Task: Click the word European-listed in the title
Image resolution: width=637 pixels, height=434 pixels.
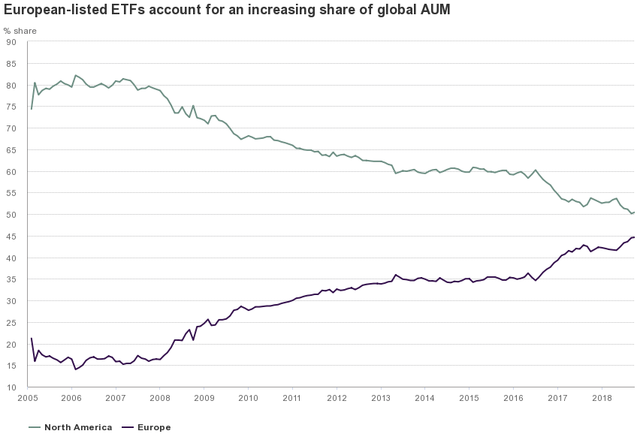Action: pos(49,11)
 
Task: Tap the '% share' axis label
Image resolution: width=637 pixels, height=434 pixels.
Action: pos(20,31)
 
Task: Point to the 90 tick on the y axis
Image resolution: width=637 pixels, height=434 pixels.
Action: pos(11,42)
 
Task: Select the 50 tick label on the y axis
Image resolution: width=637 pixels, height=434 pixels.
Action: pos(11,215)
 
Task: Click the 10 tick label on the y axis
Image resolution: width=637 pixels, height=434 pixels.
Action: pos(11,387)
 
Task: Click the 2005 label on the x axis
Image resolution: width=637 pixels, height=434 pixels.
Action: pos(27,398)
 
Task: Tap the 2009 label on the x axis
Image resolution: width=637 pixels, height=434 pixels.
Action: pos(204,398)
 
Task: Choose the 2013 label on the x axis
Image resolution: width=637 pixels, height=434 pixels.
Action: pos(381,398)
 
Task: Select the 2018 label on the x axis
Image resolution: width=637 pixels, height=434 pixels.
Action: pos(602,398)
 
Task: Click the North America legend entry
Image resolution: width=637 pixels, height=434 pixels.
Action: pos(71,427)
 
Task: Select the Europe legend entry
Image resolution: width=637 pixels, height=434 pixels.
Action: pos(147,427)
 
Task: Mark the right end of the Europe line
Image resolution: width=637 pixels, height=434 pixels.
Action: pos(635,237)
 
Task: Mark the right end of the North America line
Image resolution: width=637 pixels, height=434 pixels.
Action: pos(635,212)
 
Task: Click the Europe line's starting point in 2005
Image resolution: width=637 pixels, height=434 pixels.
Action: pos(31,339)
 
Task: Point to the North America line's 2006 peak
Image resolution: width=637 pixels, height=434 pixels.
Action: pos(75,75)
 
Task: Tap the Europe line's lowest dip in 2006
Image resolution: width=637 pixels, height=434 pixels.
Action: pos(75,369)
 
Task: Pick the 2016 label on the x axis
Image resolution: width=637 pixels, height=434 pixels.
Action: pos(514,398)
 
